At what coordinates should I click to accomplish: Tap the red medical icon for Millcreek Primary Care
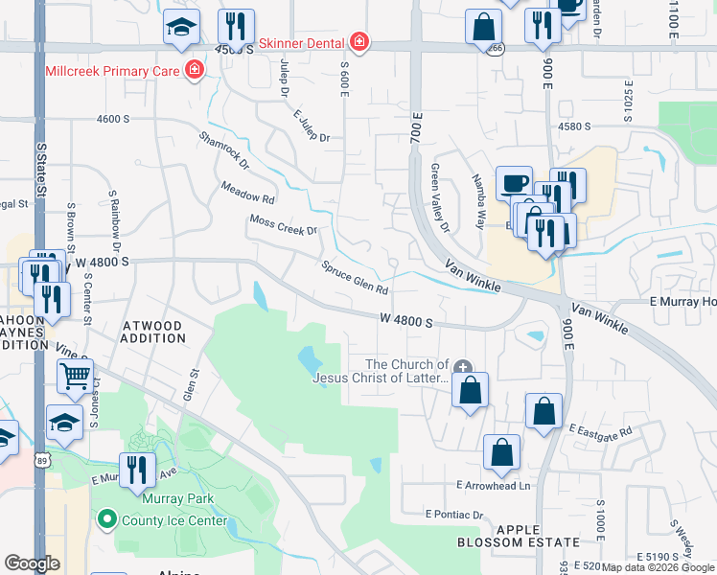195,70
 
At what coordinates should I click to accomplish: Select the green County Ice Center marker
106,520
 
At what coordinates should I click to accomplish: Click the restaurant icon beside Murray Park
137,469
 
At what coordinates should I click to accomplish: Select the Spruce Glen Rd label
355,278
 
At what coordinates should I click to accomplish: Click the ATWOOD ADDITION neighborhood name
152,332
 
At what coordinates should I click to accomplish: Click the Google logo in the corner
33,563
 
